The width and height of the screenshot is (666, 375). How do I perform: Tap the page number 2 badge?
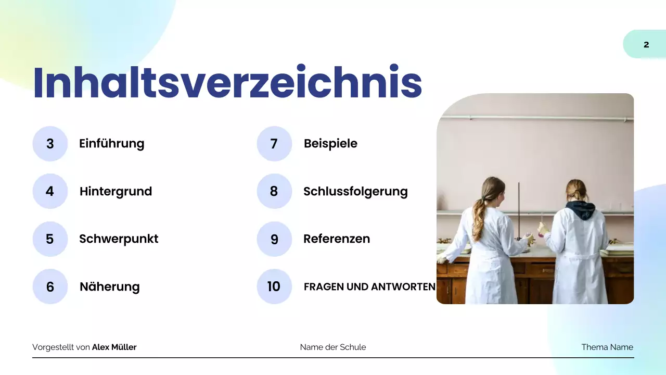click(646, 44)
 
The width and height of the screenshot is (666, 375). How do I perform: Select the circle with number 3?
click(50, 144)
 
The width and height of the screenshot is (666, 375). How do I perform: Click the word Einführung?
click(111, 144)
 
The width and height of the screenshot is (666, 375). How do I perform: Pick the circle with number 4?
click(50, 191)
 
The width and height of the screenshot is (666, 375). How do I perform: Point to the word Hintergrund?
click(116, 192)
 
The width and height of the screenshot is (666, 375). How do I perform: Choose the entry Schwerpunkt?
click(119, 239)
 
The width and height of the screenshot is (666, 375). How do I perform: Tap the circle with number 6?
click(50, 286)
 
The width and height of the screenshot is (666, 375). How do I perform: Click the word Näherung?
click(109, 287)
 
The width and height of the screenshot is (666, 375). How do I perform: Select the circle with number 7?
click(274, 144)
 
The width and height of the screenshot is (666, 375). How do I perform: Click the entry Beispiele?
click(330, 144)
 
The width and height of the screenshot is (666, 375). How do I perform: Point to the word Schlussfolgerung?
click(355, 192)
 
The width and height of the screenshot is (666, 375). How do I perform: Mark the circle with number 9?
click(274, 239)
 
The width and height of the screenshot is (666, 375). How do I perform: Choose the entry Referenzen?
click(337, 239)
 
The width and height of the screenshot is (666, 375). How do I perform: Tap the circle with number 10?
click(274, 286)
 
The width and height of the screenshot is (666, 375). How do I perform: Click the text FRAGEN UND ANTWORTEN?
click(369, 287)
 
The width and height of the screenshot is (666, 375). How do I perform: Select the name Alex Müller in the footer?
click(114, 347)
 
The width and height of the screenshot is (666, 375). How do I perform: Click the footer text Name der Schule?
click(333, 347)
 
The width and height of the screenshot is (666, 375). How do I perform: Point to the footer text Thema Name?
click(607, 347)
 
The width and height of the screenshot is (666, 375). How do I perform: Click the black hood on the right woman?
click(580, 209)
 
